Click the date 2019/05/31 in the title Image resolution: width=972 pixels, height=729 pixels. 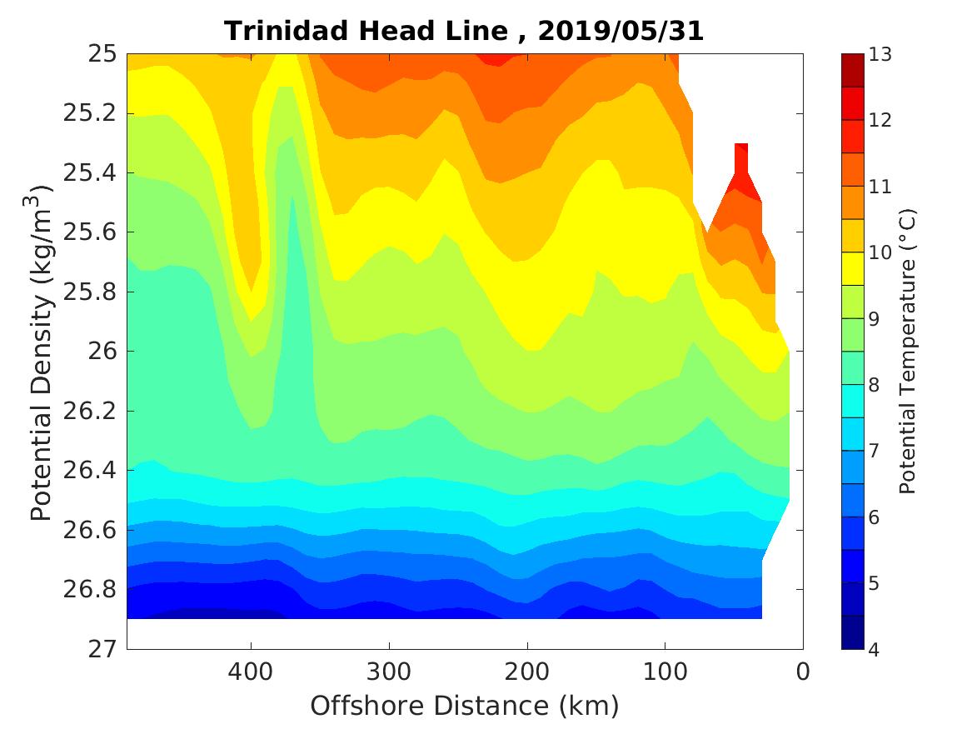pos(621,32)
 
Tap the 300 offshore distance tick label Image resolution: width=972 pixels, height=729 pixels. pos(389,671)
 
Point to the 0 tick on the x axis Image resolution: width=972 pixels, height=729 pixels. pos(803,671)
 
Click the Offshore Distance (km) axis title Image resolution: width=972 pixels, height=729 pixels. pos(465,707)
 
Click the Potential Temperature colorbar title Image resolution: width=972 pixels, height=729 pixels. pos(908,352)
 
